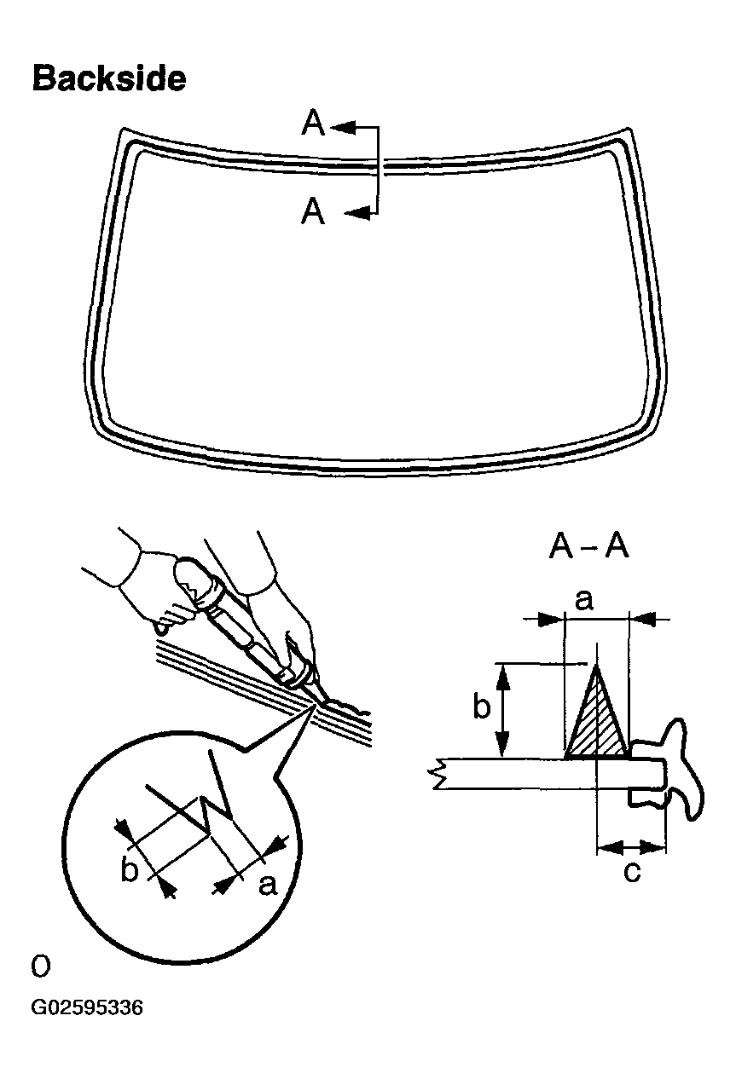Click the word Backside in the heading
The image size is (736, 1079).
coord(108,78)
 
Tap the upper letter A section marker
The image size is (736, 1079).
coord(313,125)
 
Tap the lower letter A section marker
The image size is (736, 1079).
coord(313,211)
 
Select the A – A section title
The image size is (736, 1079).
coord(588,547)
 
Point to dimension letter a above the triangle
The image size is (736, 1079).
coord(584,601)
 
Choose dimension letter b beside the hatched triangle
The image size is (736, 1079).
coord(482,707)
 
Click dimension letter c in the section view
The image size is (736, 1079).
coord(631,873)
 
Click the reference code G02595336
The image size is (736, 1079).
coord(87,1008)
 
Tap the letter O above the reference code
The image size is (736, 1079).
coord(40,966)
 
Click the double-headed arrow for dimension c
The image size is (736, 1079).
coord(631,847)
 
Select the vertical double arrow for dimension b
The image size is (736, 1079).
coord(506,709)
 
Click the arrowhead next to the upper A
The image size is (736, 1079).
coord(343,127)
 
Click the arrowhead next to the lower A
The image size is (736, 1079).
coord(360,213)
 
